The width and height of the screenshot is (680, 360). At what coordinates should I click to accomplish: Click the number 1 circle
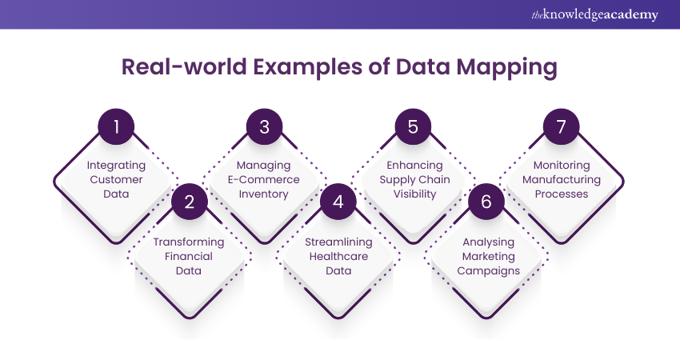point(116,127)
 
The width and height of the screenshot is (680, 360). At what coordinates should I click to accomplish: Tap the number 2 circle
point(190,202)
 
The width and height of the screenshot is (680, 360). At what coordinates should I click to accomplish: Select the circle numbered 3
point(265,127)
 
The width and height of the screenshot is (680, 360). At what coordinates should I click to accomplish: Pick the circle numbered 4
point(338,202)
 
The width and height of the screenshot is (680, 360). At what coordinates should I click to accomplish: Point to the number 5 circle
point(413,127)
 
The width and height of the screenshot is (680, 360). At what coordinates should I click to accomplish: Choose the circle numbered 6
point(486,202)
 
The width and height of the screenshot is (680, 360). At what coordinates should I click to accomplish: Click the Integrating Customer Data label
point(116,179)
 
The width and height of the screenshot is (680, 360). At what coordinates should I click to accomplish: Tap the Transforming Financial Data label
point(190,256)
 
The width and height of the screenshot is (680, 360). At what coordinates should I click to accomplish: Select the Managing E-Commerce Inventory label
point(265,179)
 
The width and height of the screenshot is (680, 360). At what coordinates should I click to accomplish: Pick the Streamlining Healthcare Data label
point(338,256)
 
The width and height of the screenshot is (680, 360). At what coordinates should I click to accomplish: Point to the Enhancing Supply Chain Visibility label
point(413,179)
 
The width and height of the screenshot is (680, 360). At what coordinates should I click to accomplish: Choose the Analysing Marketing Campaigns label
point(486,256)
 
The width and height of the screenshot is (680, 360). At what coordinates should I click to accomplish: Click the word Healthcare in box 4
point(338,256)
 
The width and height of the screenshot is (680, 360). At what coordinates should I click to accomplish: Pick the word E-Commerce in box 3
point(265,179)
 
